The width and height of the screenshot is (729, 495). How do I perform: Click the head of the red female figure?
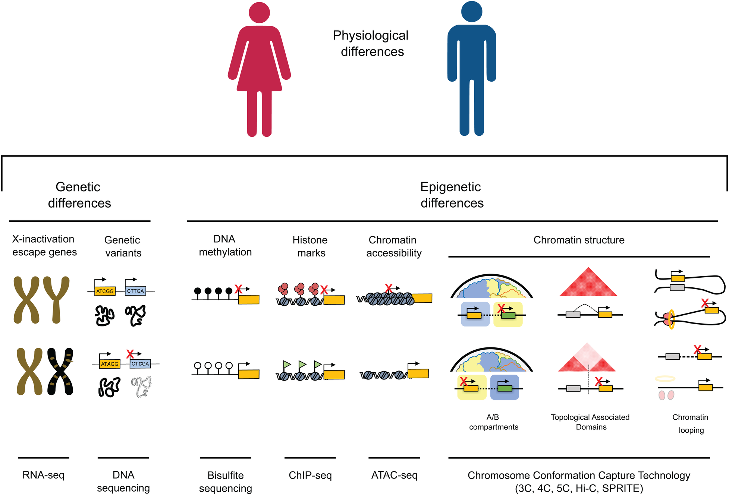click(x=259, y=13)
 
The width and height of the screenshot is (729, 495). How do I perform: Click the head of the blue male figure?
click(x=471, y=11)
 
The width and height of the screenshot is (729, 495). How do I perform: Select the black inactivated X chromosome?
click(x=60, y=371)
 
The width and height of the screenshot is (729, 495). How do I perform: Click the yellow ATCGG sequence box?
click(x=105, y=291)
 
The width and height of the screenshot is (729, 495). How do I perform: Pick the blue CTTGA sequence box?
click(x=135, y=291)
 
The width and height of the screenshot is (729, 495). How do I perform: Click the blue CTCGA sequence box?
click(x=140, y=364)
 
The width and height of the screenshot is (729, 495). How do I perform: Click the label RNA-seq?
click(x=43, y=475)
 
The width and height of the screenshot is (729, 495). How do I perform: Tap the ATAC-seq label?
click(x=394, y=475)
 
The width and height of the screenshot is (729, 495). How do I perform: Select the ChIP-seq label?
click(x=310, y=475)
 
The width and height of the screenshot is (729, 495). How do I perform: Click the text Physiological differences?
click(x=371, y=43)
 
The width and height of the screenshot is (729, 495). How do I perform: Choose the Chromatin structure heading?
click(x=579, y=240)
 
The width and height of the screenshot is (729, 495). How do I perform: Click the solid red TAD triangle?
click(x=588, y=284)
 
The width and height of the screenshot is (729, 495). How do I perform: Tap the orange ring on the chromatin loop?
click(x=672, y=319)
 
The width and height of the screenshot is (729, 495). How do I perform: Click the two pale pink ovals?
click(x=666, y=395)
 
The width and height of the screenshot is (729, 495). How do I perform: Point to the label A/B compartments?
click(x=493, y=422)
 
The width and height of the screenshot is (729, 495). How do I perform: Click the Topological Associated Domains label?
click(x=590, y=422)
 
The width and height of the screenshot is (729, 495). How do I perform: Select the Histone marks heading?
click(x=310, y=246)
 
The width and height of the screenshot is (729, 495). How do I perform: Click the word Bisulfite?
click(x=226, y=475)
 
